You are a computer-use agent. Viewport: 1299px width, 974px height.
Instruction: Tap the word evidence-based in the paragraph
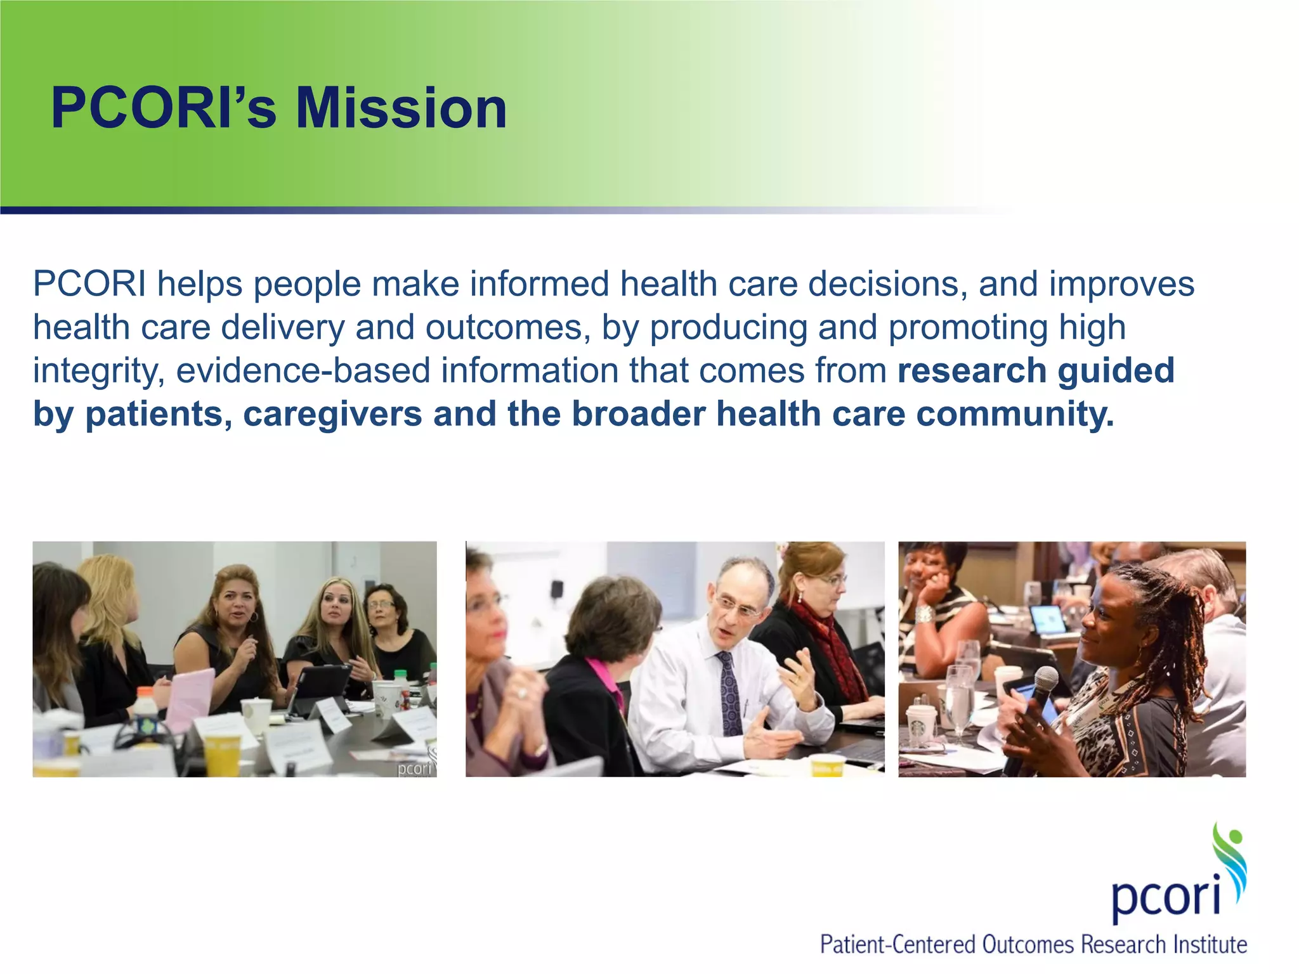click(303, 371)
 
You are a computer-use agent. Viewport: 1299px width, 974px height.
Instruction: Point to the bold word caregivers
click(332, 414)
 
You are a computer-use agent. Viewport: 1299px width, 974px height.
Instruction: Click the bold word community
click(1015, 414)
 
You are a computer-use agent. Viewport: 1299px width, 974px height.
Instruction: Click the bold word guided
click(1116, 371)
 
